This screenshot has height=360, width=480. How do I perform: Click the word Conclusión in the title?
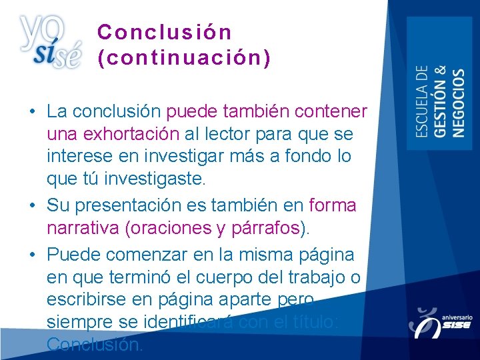point(164,32)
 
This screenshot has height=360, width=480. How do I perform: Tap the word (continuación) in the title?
point(184,59)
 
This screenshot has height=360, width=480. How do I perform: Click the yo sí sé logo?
point(50,41)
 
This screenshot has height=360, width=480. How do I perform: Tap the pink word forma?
point(333,205)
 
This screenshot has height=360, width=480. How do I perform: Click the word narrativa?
point(83,229)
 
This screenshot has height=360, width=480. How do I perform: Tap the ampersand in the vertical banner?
point(440,71)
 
